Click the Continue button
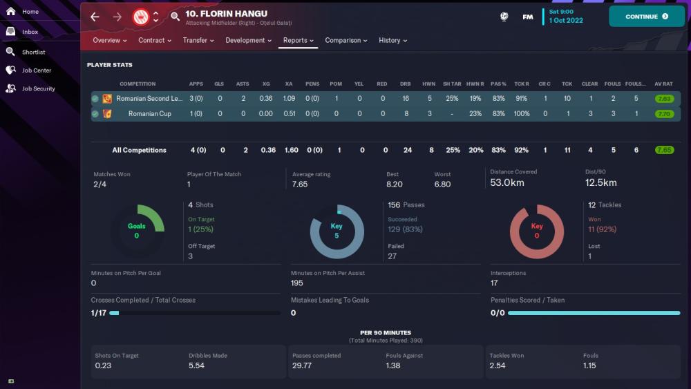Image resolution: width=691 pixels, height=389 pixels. click(646, 17)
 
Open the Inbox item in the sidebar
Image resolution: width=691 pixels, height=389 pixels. click(30, 32)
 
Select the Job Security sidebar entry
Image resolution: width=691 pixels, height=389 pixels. click(38, 88)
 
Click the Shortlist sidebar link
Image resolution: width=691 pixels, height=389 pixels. click(33, 52)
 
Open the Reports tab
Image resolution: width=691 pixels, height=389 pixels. click(298, 40)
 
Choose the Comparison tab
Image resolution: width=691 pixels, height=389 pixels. click(346, 40)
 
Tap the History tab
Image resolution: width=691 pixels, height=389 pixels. click(392, 40)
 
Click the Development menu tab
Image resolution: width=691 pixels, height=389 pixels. click(249, 40)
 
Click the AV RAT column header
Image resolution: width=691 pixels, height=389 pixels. click(664, 84)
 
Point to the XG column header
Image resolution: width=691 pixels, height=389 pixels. click(266, 84)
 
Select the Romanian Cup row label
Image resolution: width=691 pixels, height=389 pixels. click(149, 114)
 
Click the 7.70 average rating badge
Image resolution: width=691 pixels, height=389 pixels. click(665, 114)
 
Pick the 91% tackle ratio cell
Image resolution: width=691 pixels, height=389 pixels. click(522, 99)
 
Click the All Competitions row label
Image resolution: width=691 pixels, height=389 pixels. click(139, 150)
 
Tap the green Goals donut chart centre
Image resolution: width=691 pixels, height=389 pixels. click(137, 231)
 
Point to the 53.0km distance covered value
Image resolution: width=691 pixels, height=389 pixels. click(507, 183)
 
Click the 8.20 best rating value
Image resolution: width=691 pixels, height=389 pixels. click(394, 184)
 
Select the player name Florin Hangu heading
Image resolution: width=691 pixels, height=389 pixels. click(226, 14)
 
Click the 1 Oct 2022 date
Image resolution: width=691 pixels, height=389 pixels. click(566, 21)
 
